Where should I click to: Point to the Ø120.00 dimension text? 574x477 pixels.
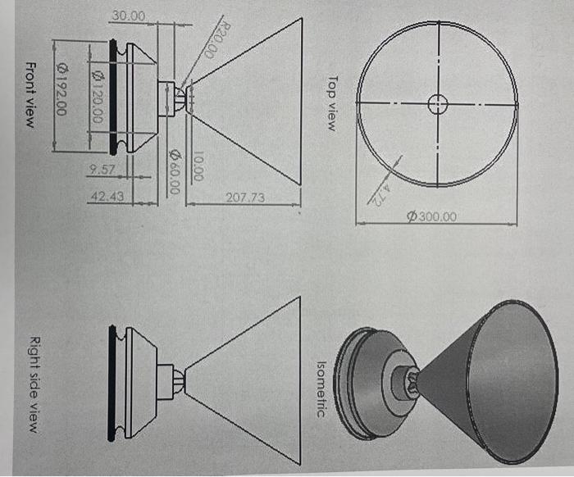point(97,97)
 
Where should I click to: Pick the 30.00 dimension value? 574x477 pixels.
point(127,16)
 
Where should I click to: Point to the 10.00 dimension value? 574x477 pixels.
point(198,167)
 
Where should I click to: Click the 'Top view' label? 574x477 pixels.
point(331,104)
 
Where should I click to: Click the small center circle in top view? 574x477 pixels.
point(438,103)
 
